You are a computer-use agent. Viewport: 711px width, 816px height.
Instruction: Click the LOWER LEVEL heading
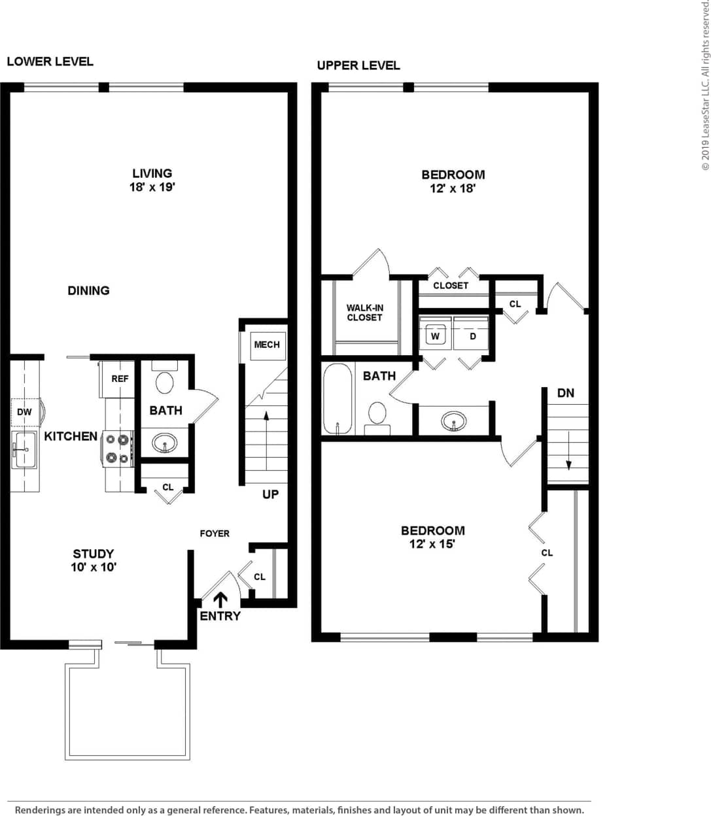[50, 61]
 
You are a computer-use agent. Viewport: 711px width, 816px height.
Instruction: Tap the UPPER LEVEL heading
[358, 65]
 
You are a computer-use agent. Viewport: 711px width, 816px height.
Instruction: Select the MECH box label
[266, 345]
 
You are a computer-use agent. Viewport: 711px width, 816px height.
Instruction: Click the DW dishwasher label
[24, 412]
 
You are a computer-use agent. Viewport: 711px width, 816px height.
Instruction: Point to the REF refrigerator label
[120, 379]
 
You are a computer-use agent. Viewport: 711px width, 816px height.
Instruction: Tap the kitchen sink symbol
[24, 449]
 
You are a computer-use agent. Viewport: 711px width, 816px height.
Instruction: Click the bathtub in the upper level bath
[338, 399]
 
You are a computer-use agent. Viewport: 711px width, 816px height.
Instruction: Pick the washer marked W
[435, 336]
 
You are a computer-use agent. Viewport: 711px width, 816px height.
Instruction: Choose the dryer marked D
[472, 336]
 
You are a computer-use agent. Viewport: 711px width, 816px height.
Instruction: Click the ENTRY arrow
[220, 599]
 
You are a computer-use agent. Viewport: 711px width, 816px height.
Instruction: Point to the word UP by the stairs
[270, 494]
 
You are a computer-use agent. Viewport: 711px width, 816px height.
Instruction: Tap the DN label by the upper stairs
[566, 393]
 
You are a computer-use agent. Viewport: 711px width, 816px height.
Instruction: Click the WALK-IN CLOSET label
[364, 313]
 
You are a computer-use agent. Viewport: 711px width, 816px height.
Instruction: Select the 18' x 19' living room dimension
[152, 187]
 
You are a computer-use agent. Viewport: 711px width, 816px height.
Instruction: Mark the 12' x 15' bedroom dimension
[432, 544]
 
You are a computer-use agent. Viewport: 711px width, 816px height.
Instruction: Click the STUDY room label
[94, 554]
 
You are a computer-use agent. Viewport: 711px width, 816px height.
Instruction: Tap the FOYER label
[215, 534]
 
